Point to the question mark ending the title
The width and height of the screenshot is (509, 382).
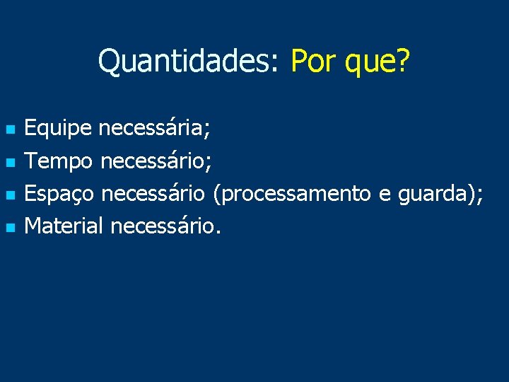pos(404,62)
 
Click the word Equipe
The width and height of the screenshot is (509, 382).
pos(58,129)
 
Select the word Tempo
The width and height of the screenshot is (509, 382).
pos(59,162)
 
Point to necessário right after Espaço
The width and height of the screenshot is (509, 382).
pos(153,194)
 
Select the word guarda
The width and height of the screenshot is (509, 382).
pos(432,194)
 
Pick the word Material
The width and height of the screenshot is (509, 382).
pos(64,226)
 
